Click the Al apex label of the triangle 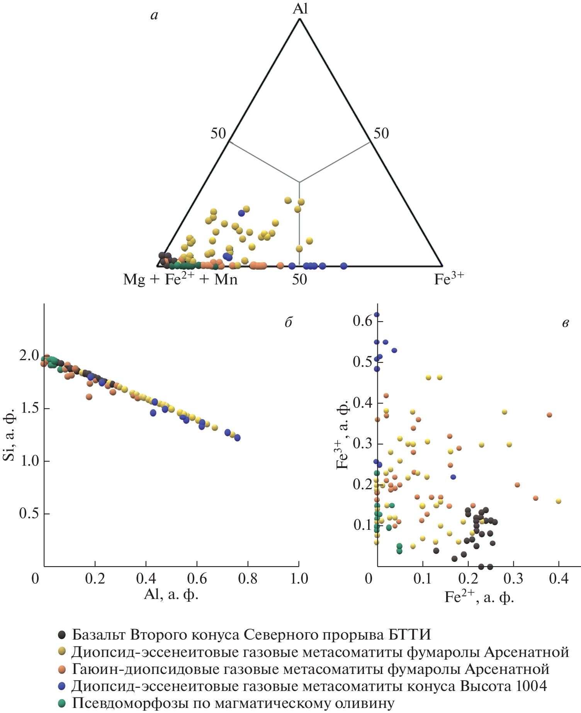point(300,9)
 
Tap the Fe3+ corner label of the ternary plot point(448,279)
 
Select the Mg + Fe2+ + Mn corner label point(180,279)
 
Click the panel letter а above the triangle point(155,15)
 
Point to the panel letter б point(289,322)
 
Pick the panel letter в point(565,323)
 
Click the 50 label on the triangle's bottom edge point(299,279)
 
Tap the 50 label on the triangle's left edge point(218,133)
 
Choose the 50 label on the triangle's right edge point(381,133)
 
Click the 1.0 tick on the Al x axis point(299,579)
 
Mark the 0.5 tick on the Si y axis point(29,514)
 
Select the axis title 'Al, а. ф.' point(171,594)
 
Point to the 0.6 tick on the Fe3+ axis point(362,320)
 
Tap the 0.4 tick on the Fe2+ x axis point(559,579)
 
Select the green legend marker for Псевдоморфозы point(61,703)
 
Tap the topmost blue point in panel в point(377,315)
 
